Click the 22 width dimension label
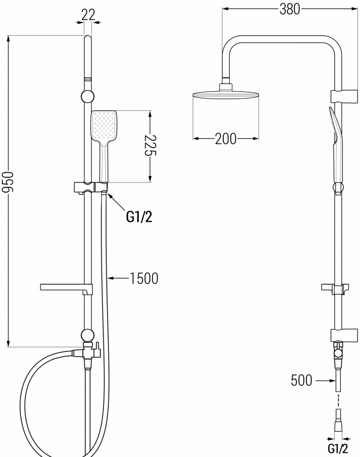pos(88,14)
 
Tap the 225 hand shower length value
pos(150,146)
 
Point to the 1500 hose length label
pos(144,278)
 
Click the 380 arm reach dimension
pos(290,9)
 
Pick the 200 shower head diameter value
pos(225,139)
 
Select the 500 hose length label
pos(302,380)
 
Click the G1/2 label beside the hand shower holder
pos(139,216)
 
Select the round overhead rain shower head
pos(225,94)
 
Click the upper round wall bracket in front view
pos(88,96)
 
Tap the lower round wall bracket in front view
pos(87,335)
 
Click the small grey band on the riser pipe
pos(88,79)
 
